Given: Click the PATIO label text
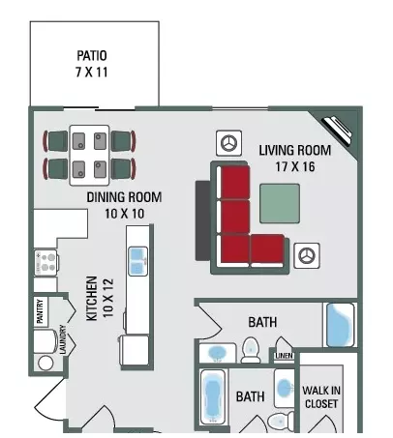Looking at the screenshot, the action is (92, 55).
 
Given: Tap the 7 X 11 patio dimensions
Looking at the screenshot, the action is (92, 72).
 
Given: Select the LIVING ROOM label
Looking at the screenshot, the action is (295, 151).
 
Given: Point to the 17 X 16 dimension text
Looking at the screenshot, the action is (295, 167).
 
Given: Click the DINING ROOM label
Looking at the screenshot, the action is (124, 197).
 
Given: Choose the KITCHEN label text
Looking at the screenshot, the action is (92, 298).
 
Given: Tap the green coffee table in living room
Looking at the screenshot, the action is (280, 203).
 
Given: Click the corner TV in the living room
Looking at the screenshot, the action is (338, 130).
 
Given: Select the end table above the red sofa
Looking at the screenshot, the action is (229, 143).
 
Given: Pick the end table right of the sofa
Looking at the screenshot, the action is (307, 256).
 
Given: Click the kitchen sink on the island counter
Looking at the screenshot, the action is (138, 261).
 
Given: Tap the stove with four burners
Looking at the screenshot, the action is (46, 263).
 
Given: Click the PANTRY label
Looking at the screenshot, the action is (40, 311).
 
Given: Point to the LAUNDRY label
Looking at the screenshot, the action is (63, 339).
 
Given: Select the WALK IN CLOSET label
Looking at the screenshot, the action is (321, 396).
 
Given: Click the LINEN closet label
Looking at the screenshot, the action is (285, 356).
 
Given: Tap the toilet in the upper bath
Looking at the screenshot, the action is (251, 350).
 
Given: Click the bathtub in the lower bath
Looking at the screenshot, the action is (213, 396).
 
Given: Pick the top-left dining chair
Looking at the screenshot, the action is (56, 141).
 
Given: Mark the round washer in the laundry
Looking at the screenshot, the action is (45, 363).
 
